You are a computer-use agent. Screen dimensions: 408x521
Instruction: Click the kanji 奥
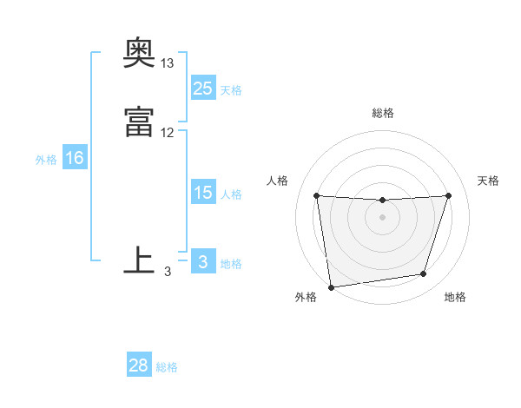coord(140,55)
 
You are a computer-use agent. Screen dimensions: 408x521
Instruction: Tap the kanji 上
coord(140,260)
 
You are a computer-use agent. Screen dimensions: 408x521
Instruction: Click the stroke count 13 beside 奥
coord(168,64)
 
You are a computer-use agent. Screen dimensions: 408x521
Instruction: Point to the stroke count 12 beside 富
coord(168,133)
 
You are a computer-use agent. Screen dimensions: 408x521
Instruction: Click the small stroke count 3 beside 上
coord(168,272)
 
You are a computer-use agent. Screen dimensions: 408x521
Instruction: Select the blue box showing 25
coord(203,89)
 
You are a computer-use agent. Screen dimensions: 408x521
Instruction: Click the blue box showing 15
coord(203,194)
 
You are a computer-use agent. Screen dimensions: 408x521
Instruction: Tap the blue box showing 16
coord(75,159)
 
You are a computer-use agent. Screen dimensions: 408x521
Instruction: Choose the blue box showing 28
coord(139,365)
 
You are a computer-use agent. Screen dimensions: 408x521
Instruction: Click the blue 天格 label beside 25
coord(231,89)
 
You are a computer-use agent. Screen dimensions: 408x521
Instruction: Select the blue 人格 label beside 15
coord(231,194)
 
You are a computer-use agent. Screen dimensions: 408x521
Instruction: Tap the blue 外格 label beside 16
coord(46,160)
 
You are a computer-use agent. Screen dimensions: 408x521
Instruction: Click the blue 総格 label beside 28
coord(167,366)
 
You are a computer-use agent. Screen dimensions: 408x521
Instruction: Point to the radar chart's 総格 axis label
coord(383,113)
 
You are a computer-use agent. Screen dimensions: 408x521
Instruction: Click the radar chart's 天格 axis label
coord(488,181)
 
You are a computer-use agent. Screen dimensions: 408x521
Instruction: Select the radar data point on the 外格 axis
coord(331,286)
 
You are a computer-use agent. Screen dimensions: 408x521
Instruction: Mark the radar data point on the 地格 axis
coord(424,274)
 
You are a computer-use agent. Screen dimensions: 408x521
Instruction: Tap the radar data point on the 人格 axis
coord(316,195)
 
